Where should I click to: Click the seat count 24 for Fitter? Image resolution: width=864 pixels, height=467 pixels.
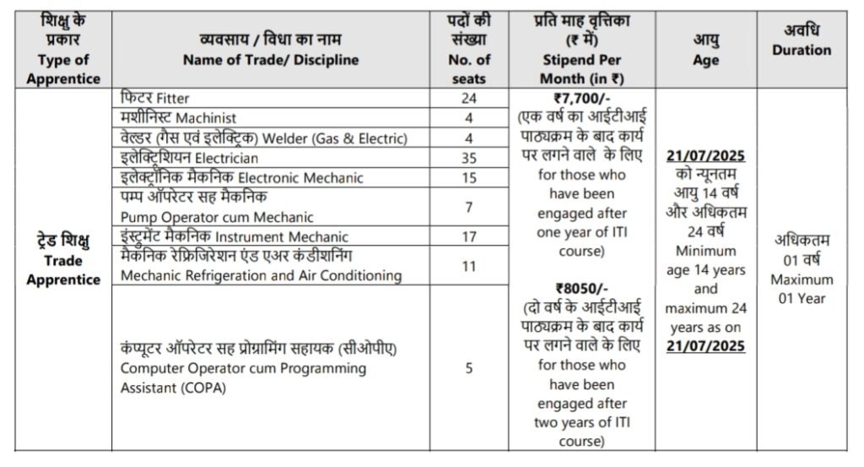click(x=469, y=98)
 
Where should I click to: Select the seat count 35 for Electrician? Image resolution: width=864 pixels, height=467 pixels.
click(x=469, y=158)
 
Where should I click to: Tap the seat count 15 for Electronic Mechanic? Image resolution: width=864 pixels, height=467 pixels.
click(x=469, y=177)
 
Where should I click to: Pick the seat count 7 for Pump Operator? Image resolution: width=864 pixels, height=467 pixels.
click(x=469, y=207)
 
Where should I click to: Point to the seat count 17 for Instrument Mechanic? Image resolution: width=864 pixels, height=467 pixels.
click(x=469, y=236)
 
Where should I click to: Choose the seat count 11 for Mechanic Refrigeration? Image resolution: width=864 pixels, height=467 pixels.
click(x=469, y=266)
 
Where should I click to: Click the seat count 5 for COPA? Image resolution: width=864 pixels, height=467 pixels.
click(x=469, y=367)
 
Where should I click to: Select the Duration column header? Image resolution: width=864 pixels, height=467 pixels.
click(x=801, y=50)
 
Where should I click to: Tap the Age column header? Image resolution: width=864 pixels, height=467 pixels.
click(x=706, y=60)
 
